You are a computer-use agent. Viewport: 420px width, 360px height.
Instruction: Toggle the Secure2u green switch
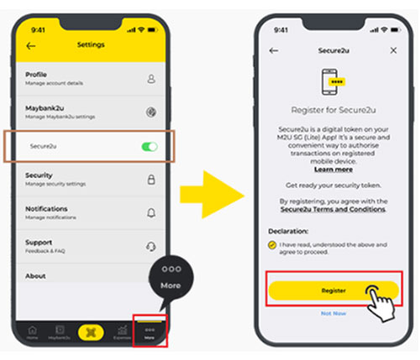150,147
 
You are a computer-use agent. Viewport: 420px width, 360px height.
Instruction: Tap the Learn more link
333,168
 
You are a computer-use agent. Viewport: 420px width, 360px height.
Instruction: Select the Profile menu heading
38,75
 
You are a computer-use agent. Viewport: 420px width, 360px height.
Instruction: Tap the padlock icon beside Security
151,179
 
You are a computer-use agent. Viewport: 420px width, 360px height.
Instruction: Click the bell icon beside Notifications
151,212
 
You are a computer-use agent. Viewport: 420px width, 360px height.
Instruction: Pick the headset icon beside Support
151,246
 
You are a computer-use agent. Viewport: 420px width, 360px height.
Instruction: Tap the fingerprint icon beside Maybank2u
151,111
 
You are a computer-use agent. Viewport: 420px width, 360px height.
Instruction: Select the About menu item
36,275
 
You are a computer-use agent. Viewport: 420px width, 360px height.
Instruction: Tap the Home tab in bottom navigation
32,332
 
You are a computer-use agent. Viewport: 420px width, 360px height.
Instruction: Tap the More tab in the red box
149,332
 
